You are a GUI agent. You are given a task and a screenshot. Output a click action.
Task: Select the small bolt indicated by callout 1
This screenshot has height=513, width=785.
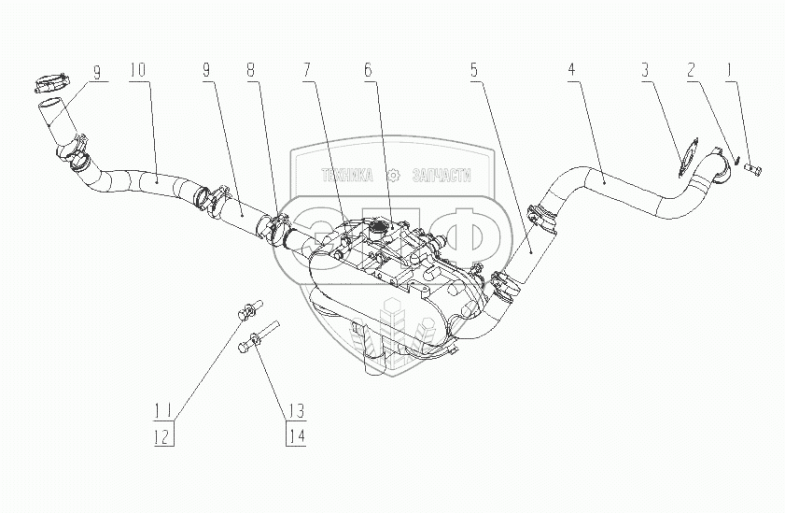[754, 169]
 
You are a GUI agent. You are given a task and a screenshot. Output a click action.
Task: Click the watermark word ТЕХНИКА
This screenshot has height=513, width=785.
[346, 175]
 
